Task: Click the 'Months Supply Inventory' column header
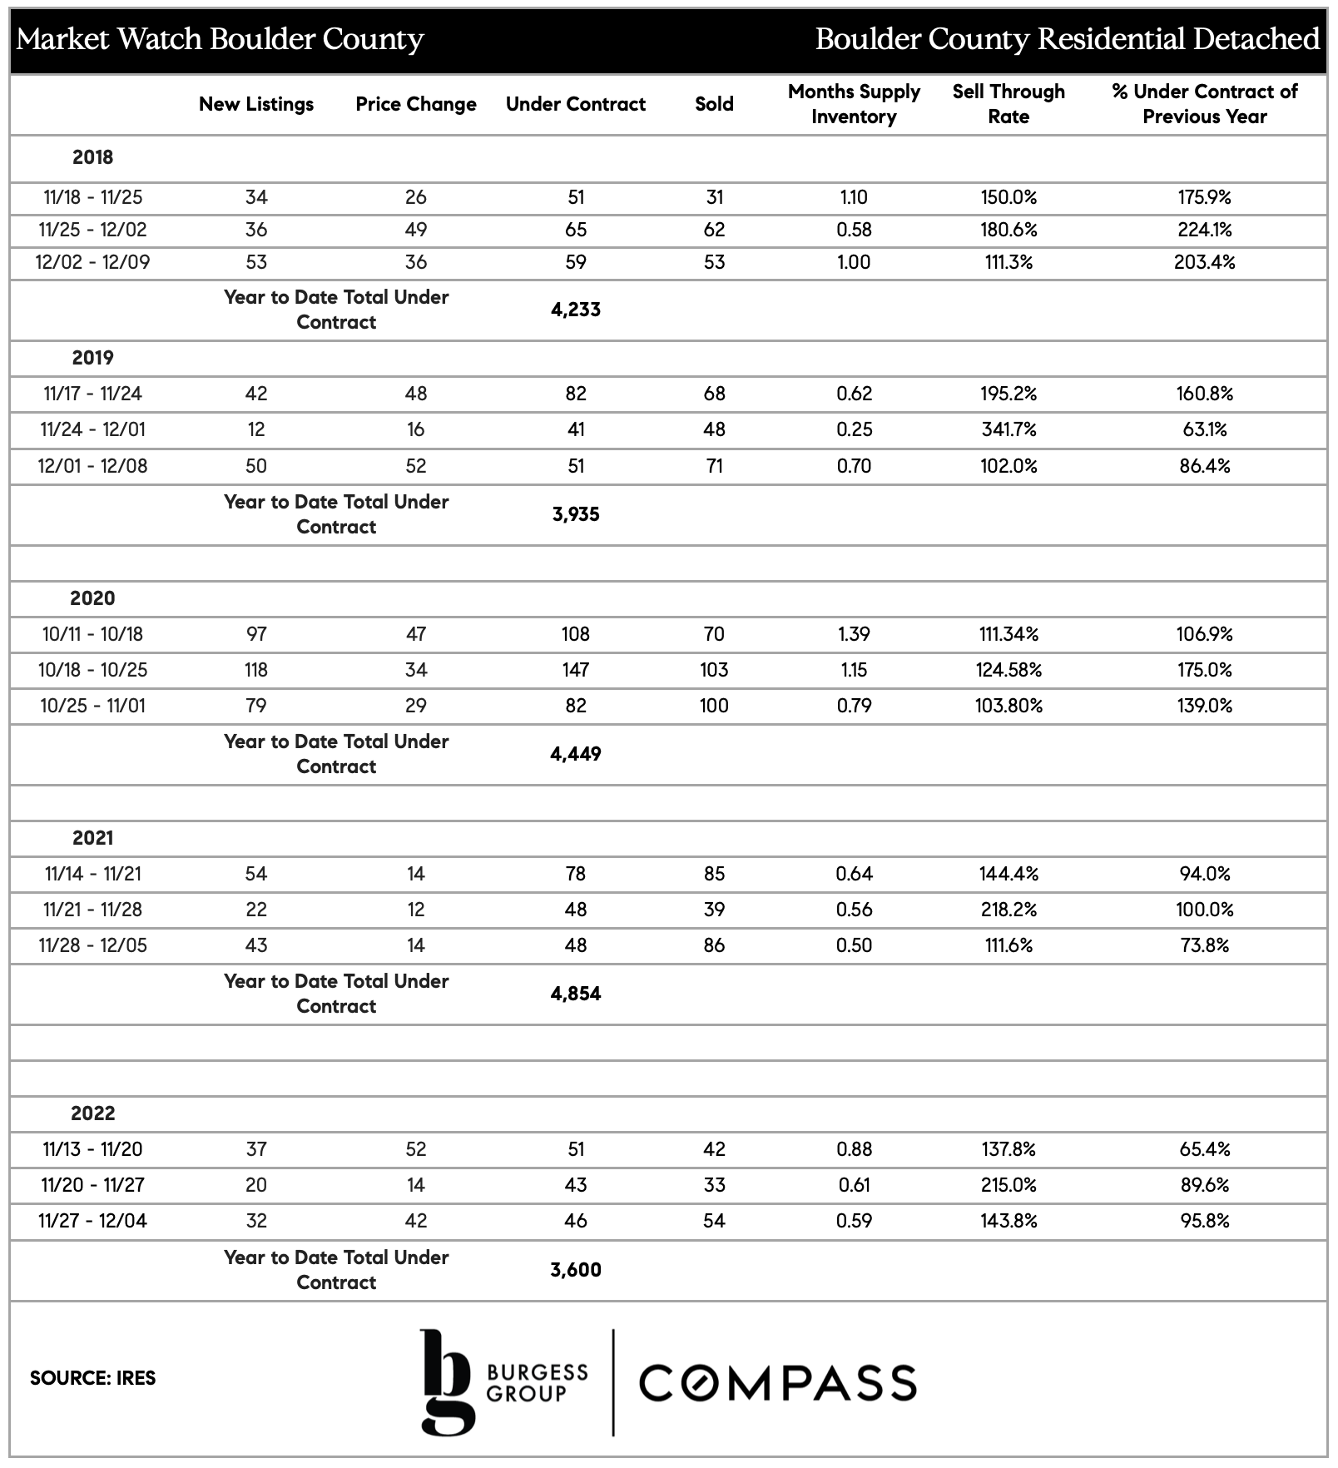pos(854,104)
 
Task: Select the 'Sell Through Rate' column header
pos(1008,104)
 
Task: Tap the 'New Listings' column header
pos(256,104)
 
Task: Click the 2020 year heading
pos(92,598)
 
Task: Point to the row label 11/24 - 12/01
pos(92,429)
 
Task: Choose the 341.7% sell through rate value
pos(1008,429)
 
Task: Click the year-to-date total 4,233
pos(575,310)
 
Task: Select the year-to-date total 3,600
pos(575,1270)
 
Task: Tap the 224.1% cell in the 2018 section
pos(1204,230)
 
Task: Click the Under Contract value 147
pos(575,670)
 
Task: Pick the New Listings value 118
pos(256,670)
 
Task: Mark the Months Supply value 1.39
pos(854,634)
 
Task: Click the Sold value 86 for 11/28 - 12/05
pos(714,945)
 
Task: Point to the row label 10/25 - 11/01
pos(92,706)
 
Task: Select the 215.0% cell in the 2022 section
pos(1008,1185)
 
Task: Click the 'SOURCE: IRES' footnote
pos(92,1378)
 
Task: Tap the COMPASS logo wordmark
pos(777,1382)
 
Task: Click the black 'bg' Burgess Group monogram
pos(447,1381)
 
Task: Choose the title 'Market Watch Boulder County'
pos(221,39)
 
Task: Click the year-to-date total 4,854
pos(575,994)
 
